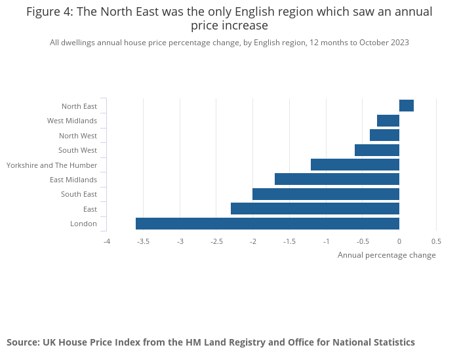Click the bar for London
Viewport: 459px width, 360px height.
click(x=268, y=224)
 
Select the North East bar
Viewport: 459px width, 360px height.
click(x=407, y=106)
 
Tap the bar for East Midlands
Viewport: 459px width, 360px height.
click(x=337, y=179)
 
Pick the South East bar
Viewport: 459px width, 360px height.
click(x=326, y=194)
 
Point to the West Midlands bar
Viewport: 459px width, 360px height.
click(x=388, y=121)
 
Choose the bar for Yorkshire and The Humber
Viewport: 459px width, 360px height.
click(x=355, y=165)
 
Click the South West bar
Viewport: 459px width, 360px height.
click(x=377, y=150)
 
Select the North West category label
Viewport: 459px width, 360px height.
click(x=78, y=136)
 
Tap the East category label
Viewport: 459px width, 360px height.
click(x=90, y=209)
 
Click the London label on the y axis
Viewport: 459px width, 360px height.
click(x=83, y=224)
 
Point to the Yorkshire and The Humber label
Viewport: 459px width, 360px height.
click(x=52, y=165)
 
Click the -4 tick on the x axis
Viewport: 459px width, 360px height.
click(x=107, y=241)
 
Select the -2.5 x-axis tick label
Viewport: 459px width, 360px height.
click(x=216, y=241)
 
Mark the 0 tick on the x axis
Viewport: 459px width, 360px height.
click(x=399, y=241)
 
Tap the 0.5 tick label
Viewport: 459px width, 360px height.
click(x=436, y=241)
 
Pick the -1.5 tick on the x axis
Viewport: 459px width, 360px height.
click(x=289, y=241)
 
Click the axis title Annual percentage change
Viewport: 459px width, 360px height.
click(x=386, y=255)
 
